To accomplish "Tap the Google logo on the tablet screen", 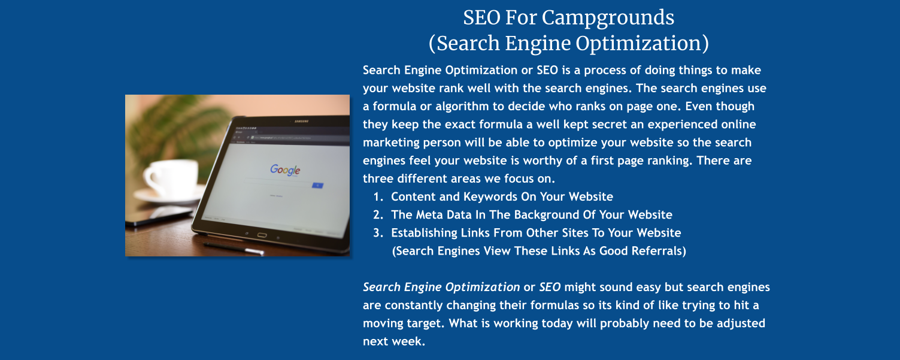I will click(x=285, y=170).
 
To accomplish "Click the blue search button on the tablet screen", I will click(x=317, y=186).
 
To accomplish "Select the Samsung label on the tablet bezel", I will click(x=301, y=122).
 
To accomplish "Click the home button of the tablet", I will click(x=262, y=234).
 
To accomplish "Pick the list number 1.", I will click(x=377, y=197).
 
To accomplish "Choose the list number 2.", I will click(x=377, y=215).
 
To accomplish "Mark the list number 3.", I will click(x=377, y=233).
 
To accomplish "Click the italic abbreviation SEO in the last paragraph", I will click(x=550, y=287).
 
